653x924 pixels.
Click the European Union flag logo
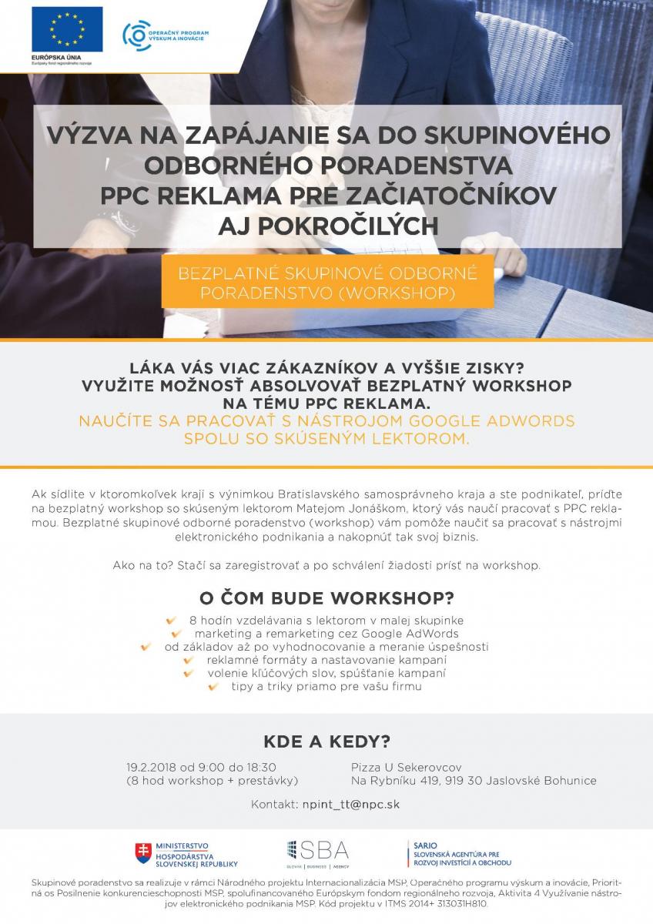(67, 29)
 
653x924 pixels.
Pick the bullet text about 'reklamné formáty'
(326, 660)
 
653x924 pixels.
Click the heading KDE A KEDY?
(326, 742)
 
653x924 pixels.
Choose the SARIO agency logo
(459, 853)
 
